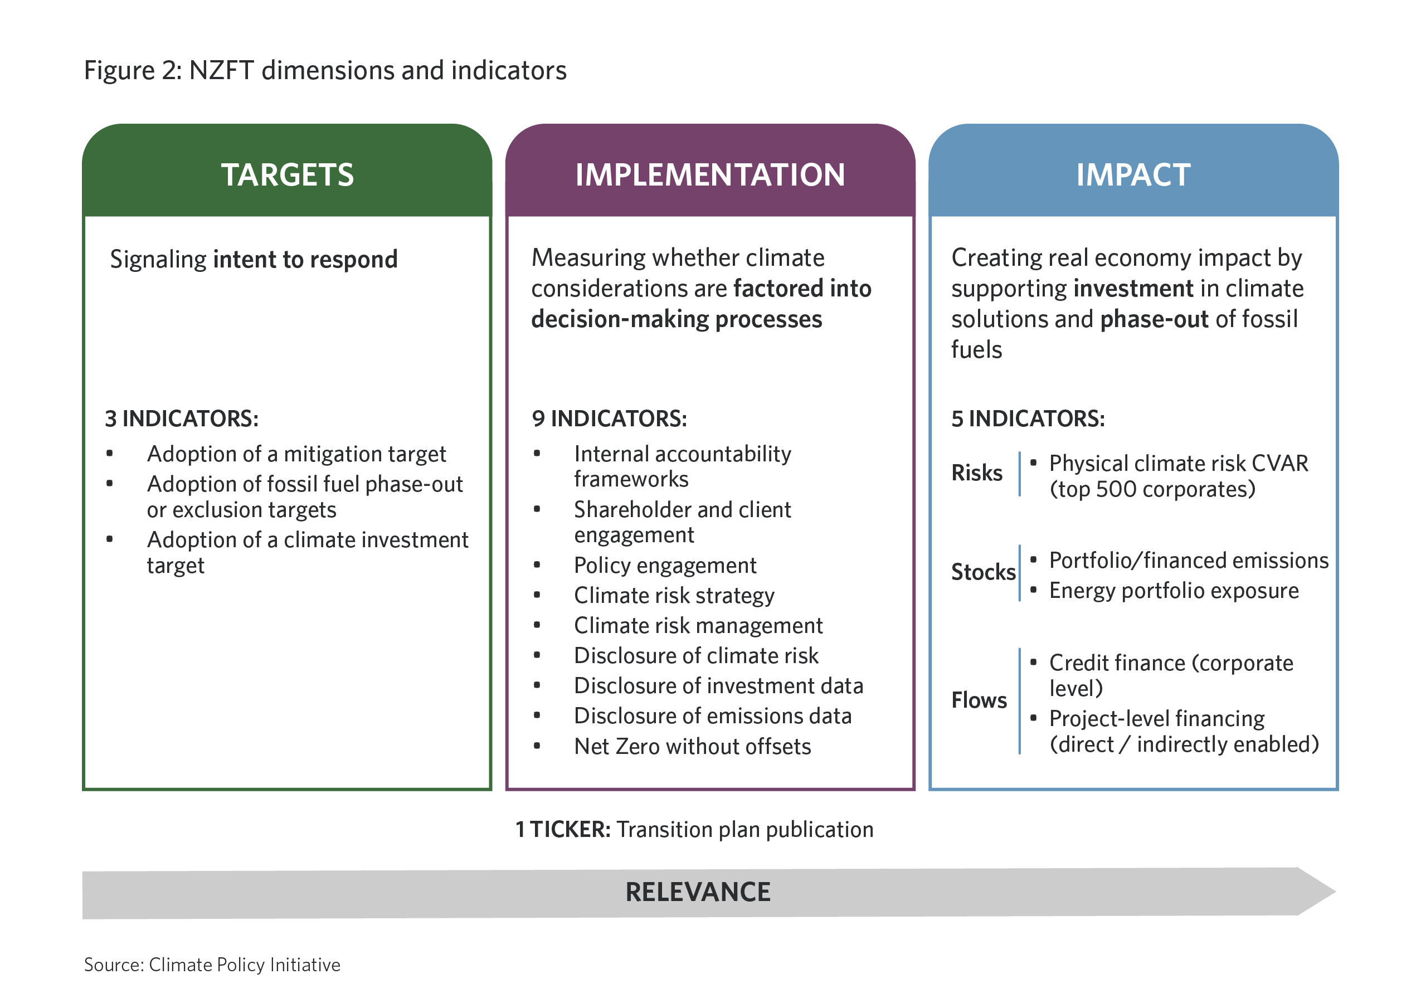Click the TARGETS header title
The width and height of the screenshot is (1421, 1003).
click(287, 175)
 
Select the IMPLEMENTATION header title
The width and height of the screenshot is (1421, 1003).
click(710, 175)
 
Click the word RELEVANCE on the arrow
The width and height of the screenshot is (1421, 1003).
click(698, 892)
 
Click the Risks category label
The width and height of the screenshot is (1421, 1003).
click(977, 473)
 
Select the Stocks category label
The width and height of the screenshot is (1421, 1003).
click(983, 572)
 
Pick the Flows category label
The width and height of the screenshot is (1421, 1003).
click(979, 700)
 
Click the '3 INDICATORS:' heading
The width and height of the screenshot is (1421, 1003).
click(181, 419)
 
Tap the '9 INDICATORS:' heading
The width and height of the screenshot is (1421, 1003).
click(609, 419)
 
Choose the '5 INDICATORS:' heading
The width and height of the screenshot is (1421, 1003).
click(1028, 419)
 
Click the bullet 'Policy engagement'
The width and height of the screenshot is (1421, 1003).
click(665, 566)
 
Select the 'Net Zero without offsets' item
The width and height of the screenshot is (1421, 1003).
click(692, 747)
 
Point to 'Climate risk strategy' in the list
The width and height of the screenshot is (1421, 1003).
click(674, 596)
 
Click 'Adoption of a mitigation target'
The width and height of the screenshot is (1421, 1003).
click(296, 454)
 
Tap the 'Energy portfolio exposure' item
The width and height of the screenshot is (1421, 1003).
click(1174, 591)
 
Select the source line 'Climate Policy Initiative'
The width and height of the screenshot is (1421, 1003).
click(245, 965)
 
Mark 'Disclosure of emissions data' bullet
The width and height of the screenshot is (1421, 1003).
click(712, 717)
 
